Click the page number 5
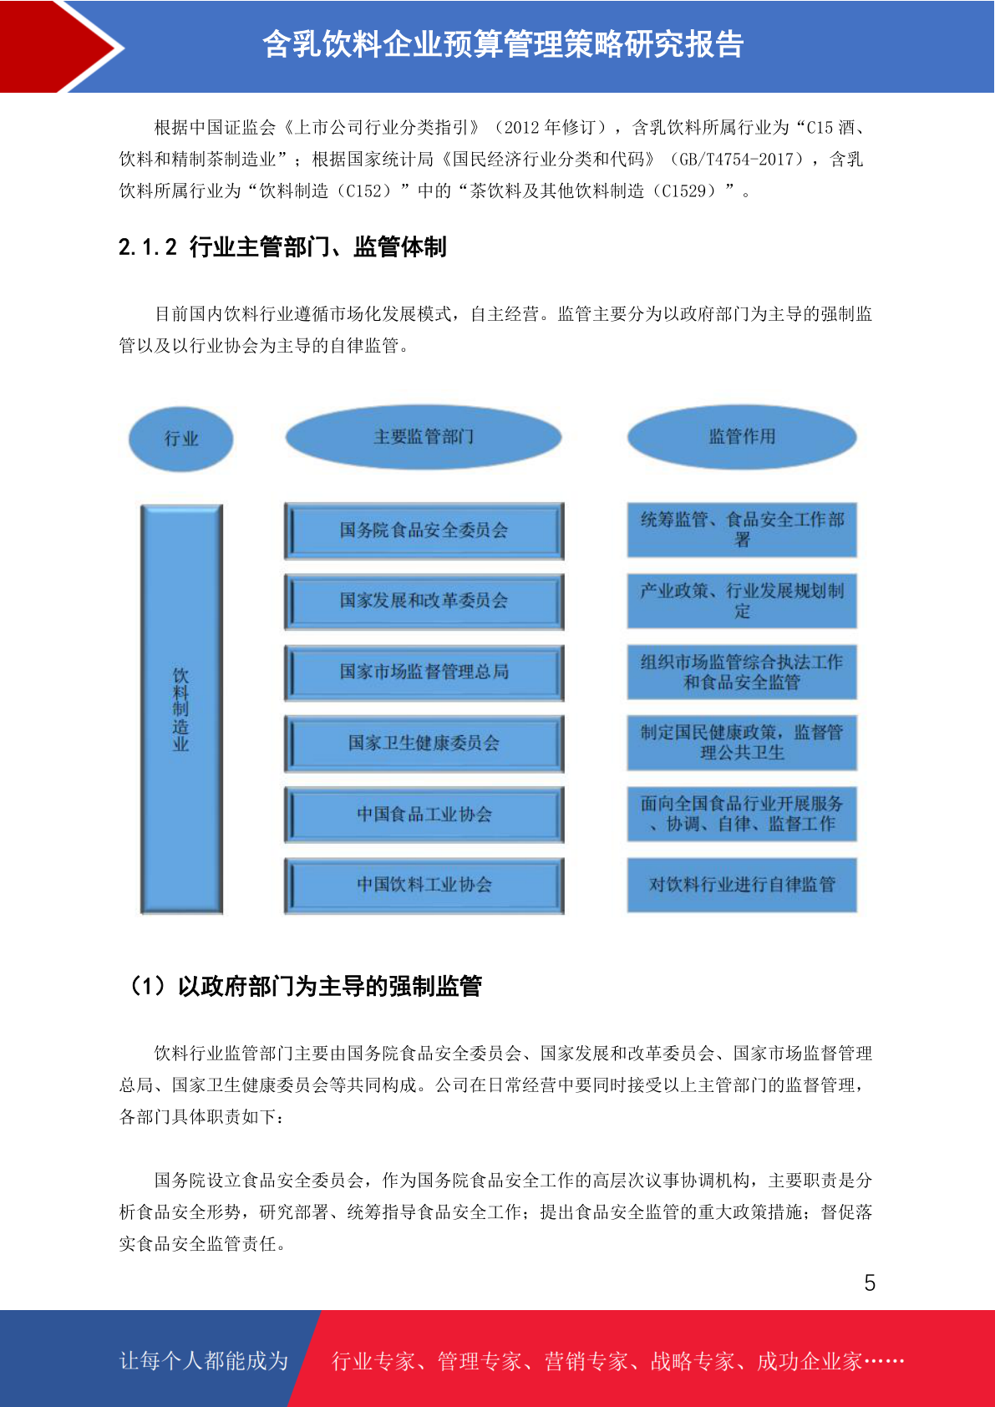coord(870,1282)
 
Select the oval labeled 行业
coord(181,439)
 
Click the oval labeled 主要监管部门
coord(424,436)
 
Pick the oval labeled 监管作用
coord(742,436)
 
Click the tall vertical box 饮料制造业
coord(181,709)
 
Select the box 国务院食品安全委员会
coord(424,531)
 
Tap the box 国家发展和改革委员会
coord(424,601)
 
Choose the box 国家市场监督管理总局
coord(424,673)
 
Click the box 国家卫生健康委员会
coord(424,744)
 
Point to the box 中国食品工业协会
coord(424,815)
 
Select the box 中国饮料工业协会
coord(424,885)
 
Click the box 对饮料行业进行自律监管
coord(742,885)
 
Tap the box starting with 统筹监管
coord(742,530)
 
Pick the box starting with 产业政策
coord(742,601)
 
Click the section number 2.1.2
coord(148,247)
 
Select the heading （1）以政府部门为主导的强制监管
coord(306,986)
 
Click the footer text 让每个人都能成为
coord(204,1360)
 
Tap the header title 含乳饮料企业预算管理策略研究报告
coord(503,44)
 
